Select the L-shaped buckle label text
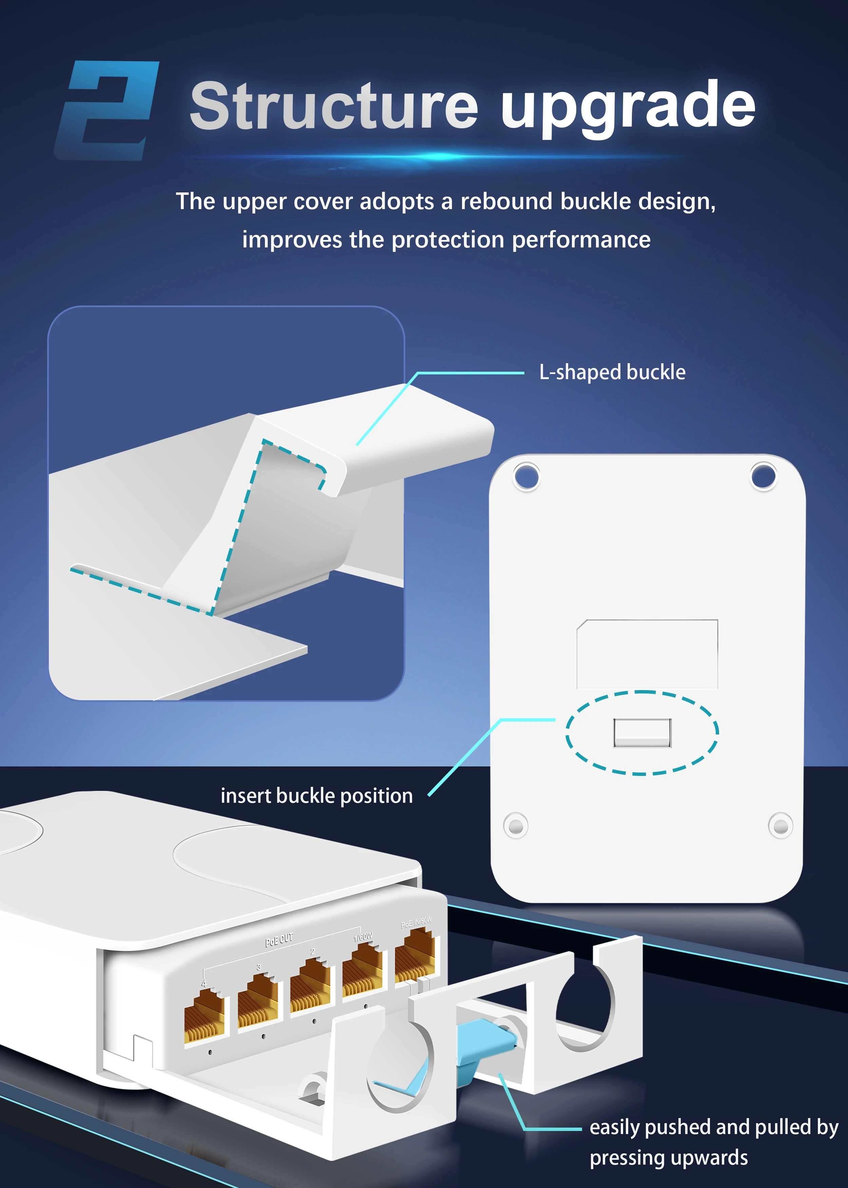pyautogui.click(x=612, y=372)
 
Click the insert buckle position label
pyautogui.click(x=316, y=796)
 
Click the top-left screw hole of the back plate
pyautogui.click(x=526, y=477)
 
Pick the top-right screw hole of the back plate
pyautogui.click(x=764, y=476)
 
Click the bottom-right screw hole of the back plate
pyautogui.click(x=780, y=826)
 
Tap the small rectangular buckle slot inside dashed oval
pyautogui.click(x=642, y=732)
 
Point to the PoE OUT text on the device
pyautogui.click(x=280, y=940)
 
